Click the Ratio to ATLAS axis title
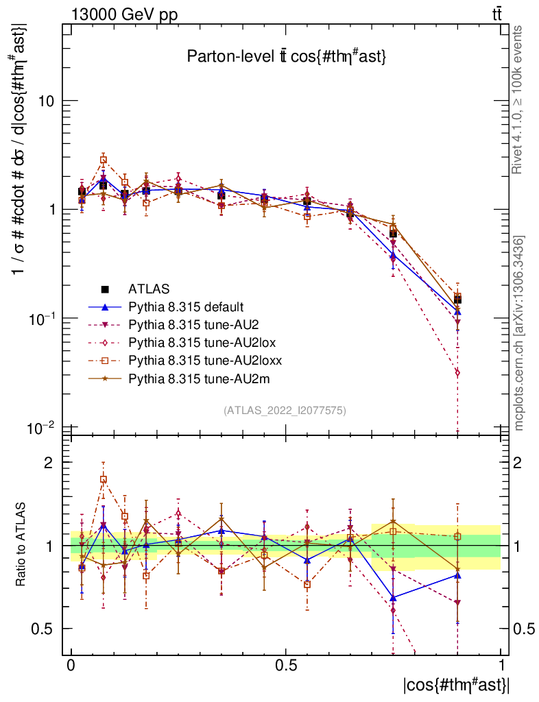[x=23, y=546]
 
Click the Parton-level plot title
[x=287, y=58]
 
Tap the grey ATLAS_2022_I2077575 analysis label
[x=285, y=411]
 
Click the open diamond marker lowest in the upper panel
[x=457, y=373]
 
